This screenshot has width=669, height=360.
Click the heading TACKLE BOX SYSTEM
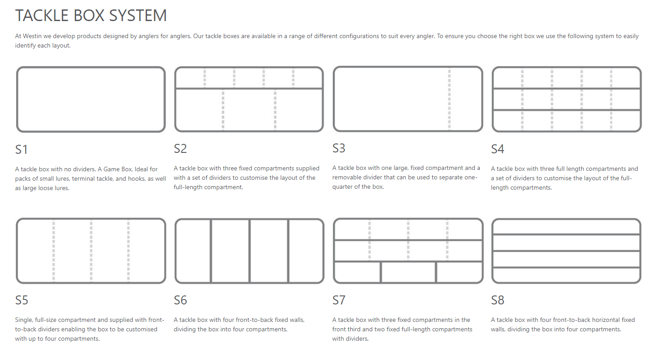[x=91, y=16]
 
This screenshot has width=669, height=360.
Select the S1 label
[x=22, y=149]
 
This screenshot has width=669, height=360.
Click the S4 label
[x=498, y=149]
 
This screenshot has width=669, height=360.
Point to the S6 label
[x=180, y=300]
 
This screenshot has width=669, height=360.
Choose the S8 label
[x=498, y=300]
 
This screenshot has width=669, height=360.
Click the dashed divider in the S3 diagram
[x=449, y=100]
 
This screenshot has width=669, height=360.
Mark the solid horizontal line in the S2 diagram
[x=249, y=89]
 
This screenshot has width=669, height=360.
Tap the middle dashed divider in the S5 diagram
[x=91, y=251]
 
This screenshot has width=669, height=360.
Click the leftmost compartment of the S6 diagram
[x=193, y=251]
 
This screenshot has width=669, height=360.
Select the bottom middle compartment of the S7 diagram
[x=408, y=272]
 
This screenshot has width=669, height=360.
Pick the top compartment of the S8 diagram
[x=566, y=227]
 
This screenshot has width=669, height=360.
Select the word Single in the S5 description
[x=24, y=320]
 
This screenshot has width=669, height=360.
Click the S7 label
[x=339, y=300]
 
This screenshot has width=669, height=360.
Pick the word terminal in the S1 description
[x=86, y=179]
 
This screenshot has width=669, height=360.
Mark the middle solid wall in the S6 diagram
[x=249, y=251]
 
